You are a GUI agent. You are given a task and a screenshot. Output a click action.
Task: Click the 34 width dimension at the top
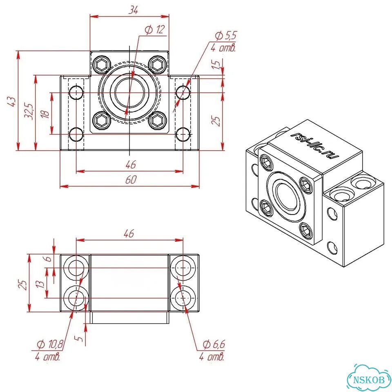tap(133, 10)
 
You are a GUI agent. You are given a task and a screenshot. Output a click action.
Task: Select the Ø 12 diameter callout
tap(155, 30)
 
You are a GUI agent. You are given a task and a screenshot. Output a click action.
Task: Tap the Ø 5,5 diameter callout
tap(226, 36)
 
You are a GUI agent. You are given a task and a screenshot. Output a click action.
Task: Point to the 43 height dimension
tap(12, 101)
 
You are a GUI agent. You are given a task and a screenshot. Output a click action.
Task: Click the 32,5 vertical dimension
tap(29, 111)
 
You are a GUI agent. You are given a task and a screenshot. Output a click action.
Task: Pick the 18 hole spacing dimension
tap(45, 114)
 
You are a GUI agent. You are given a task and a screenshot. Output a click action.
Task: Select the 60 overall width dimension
tap(131, 180)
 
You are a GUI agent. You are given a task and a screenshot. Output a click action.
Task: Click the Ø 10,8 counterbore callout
tap(50, 345)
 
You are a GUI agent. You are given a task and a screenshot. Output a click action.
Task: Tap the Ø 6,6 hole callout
tap(214, 345)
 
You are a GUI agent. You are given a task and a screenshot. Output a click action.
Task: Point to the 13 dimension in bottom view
tap(40, 284)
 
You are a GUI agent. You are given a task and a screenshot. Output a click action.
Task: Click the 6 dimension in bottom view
tap(49, 258)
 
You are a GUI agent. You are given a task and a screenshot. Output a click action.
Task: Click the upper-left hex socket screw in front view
tap(102, 65)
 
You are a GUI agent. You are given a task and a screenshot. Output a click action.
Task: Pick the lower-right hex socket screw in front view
tap(158, 121)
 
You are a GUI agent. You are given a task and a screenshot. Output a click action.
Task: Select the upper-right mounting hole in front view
tap(183, 93)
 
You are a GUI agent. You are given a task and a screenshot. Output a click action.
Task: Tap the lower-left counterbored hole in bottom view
tap(76, 298)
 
